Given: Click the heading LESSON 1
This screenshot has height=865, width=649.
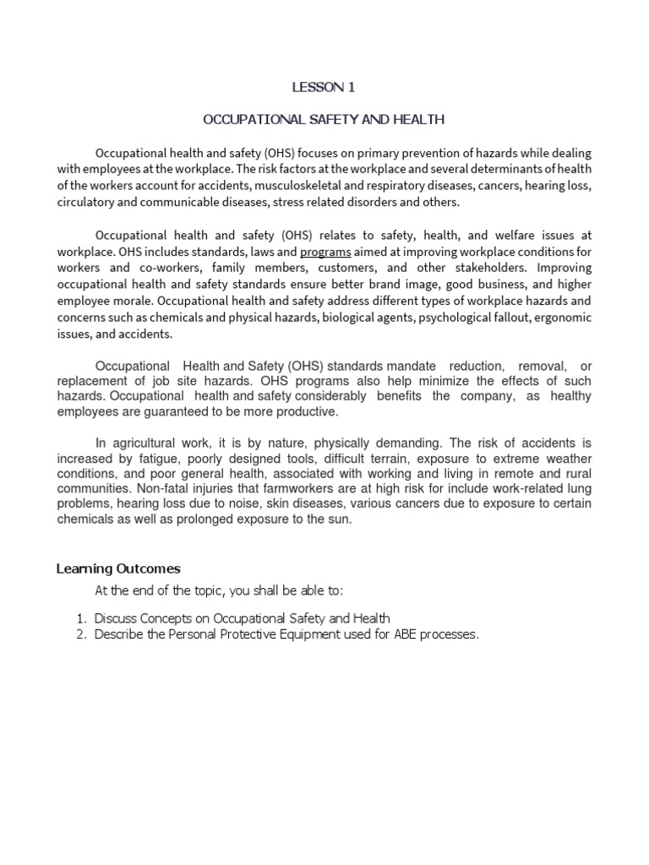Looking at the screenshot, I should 319,87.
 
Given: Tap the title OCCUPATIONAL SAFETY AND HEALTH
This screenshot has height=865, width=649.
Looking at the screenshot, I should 324,120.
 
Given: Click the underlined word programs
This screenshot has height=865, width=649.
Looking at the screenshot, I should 325,251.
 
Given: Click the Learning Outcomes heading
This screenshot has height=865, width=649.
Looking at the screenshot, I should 118,569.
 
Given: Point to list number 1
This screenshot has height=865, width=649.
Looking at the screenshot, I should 80,618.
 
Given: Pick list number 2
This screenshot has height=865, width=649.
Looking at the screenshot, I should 80,634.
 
